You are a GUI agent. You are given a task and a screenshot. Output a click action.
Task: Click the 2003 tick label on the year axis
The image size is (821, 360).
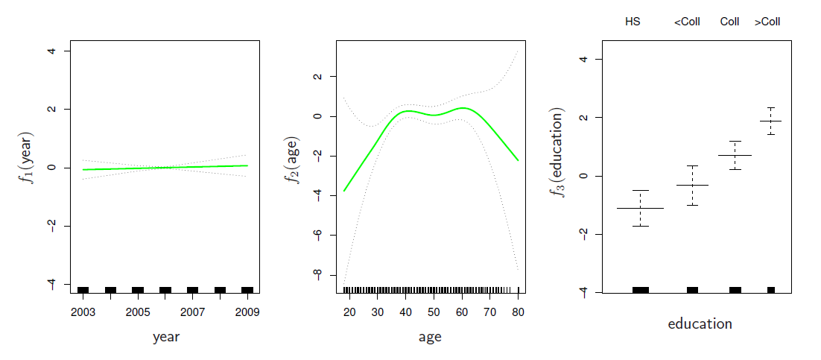(83, 312)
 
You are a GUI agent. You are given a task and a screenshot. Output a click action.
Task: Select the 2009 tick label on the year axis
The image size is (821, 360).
(247, 312)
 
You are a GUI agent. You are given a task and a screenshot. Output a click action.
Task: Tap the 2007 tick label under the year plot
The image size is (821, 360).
(192, 312)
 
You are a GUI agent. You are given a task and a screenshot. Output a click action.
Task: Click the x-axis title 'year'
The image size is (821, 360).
(165, 337)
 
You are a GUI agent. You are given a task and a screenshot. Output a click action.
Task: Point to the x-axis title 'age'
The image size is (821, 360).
(430, 337)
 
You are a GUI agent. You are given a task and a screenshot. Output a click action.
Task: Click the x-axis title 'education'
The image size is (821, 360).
(700, 324)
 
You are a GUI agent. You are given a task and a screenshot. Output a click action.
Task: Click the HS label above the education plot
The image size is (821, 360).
(633, 22)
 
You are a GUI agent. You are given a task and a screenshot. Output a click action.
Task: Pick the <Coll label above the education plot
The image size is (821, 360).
(687, 22)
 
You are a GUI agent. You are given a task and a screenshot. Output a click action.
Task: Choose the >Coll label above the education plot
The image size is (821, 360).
(767, 22)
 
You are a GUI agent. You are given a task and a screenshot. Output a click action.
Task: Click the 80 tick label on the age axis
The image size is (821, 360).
(517, 312)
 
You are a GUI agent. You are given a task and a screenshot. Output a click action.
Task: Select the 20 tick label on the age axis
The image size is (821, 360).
(349, 312)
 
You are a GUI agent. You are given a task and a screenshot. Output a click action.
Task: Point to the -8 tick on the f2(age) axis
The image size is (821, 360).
(318, 275)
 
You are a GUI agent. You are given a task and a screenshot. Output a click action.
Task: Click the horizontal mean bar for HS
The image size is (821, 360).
(640, 208)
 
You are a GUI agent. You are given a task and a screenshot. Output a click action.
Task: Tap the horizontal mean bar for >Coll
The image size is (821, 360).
(771, 121)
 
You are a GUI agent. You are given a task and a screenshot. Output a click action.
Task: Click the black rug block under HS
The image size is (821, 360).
(640, 289)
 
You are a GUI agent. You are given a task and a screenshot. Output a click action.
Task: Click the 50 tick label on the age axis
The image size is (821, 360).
(434, 312)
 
